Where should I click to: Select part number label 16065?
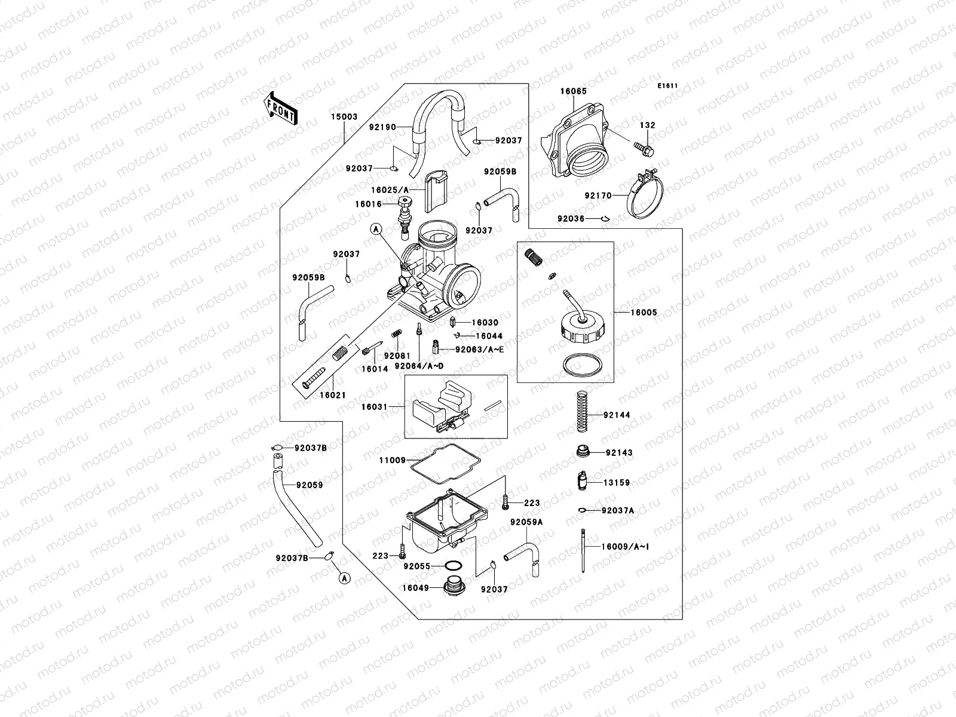(573, 91)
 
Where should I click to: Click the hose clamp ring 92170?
(648, 195)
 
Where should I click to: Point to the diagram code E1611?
(667, 86)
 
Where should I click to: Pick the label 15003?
(344, 117)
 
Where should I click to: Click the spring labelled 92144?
(583, 412)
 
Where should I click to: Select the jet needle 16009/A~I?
(583, 550)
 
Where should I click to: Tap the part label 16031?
(373, 407)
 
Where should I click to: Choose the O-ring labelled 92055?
(454, 565)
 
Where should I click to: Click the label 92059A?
(526, 522)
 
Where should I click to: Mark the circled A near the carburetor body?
(375, 229)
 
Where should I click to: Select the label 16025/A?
(390, 190)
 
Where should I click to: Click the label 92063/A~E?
(479, 350)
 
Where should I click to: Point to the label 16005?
(644, 312)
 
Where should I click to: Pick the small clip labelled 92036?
(605, 219)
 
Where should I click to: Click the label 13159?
(617, 482)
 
